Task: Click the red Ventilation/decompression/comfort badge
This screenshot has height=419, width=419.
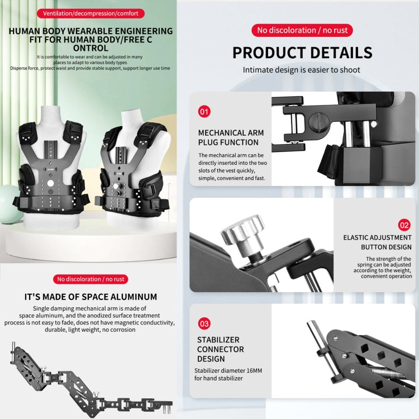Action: click(91, 13)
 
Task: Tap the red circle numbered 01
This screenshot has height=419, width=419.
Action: click(204, 111)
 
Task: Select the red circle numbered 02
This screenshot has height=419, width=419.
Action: click(404, 225)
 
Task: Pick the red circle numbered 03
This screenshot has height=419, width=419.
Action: click(204, 323)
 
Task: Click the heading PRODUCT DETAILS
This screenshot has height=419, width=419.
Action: click(302, 53)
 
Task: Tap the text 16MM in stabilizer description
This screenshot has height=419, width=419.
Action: click(254, 370)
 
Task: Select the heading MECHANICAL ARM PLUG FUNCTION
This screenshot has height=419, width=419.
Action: click(231, 137)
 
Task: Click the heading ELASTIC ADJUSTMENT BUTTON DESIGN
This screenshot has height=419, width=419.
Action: click(377, 242)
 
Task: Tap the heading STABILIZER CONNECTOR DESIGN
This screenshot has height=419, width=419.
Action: click(221, 349)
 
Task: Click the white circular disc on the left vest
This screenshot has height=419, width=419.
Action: click(50, 183)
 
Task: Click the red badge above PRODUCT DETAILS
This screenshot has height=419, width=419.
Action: click(302, 30)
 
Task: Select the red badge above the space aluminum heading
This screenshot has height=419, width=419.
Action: click(91, 279)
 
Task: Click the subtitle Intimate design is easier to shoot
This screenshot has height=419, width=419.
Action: click(302, 70)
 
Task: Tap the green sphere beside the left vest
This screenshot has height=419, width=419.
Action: click(8, 204)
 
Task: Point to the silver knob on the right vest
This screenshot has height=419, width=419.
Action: click(116, 186)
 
